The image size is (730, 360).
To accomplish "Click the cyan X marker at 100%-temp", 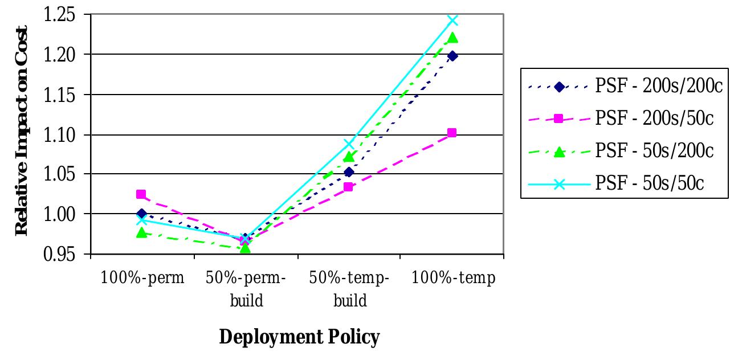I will click(452, 21).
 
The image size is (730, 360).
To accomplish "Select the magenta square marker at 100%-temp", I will click(452, 133).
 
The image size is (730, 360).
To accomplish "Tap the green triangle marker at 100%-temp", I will click(452, 38).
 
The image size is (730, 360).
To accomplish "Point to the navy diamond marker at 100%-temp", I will click(452, 56).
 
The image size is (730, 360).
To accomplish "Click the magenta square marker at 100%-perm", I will click(141, 194).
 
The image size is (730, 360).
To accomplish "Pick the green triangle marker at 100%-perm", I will click(141, 232).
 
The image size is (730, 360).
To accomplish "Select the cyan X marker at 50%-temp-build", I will click(349, 144).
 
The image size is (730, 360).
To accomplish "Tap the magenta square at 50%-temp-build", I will click(349, 187).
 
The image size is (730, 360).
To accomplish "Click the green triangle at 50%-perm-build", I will click(245, 248).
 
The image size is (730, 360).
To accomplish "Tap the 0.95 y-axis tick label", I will click(59, 254).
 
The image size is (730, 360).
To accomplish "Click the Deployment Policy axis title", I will click(299, 337).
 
